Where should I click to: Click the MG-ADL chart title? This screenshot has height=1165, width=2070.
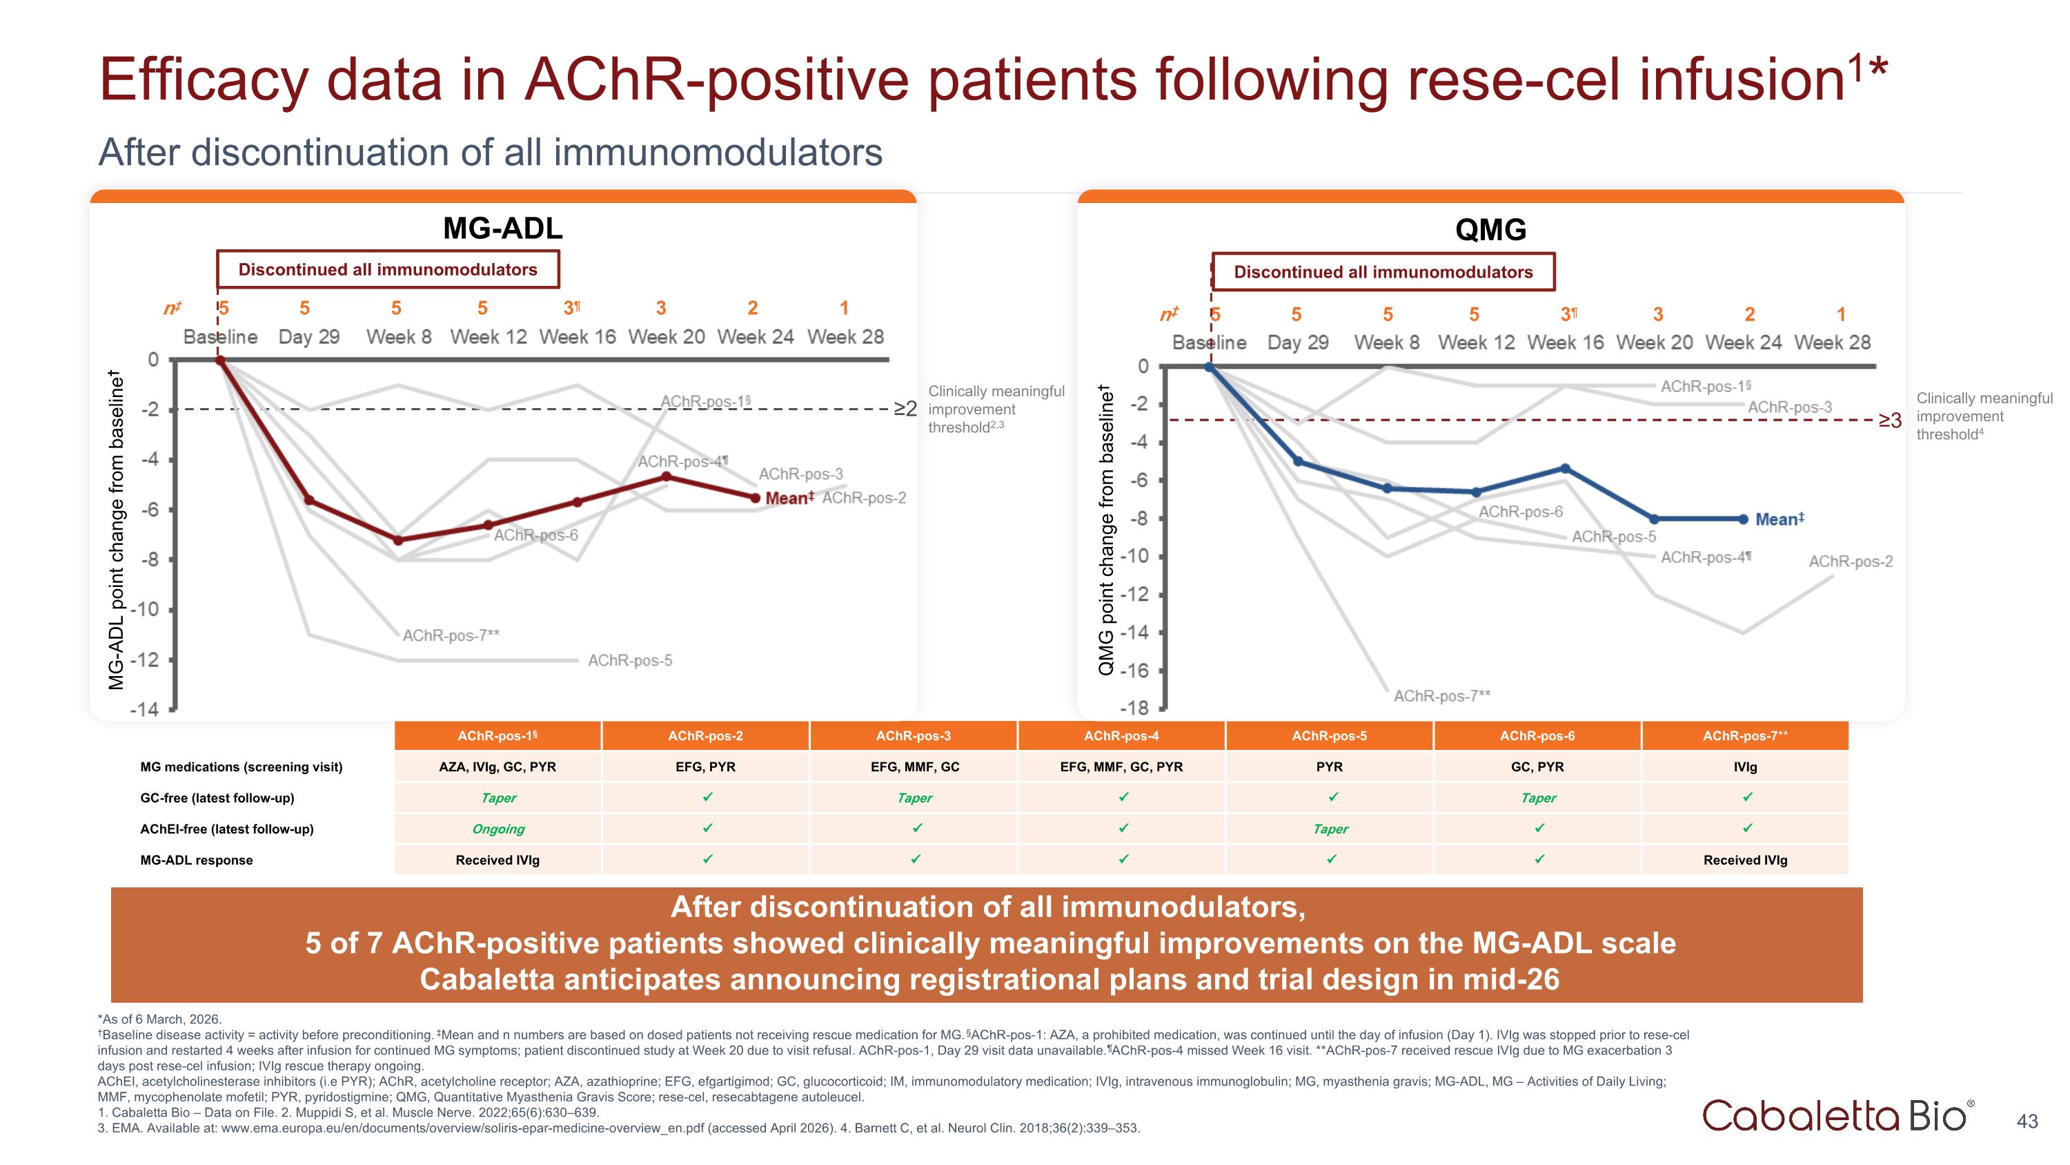[x=503, y=229]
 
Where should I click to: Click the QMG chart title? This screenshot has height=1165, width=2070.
[x=1490, y=230]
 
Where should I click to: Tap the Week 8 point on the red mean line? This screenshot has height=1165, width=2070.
[x=397, y=540]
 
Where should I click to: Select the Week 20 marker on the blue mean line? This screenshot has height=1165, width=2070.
[x=1654, y=519]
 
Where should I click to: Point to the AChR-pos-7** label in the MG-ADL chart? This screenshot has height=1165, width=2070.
[x=451, y=635]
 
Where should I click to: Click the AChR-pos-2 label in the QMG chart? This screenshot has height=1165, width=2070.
[x=1850, y=561]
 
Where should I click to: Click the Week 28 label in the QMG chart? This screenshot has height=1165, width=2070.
[x=1832, y=343]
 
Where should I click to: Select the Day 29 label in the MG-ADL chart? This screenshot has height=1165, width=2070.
[x=308, y=337]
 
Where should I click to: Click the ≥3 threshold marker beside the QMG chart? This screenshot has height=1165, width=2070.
[x=1889, y=421]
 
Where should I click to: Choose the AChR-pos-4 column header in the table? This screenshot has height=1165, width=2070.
[x=1121, y=735]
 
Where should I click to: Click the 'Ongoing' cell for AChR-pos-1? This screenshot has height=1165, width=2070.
[x=498, y=829]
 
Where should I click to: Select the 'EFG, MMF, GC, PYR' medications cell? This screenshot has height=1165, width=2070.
[x=1121, y=767]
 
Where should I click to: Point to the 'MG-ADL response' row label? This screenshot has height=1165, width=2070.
[x=196, y=860]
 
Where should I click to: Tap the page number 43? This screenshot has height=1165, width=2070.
[x=2027, y=1121]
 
